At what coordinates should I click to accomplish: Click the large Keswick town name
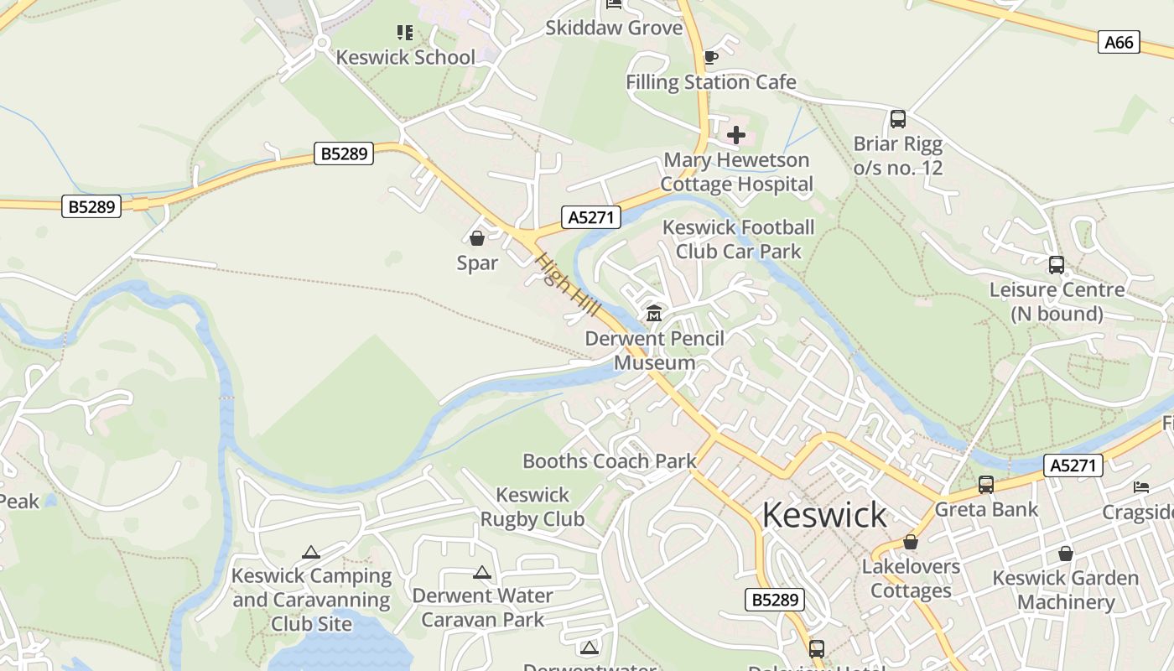coord(824,514)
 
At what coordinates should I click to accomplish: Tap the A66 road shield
coord(1119,42)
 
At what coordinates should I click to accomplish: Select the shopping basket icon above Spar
coord(477,239)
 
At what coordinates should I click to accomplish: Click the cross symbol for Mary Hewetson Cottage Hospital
coord(736,134)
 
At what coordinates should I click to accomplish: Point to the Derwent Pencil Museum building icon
coord(654,314)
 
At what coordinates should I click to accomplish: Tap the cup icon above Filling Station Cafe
coord(710,57)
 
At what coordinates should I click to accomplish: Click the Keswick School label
coord(405,57)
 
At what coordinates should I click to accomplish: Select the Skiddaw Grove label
coord(614,28)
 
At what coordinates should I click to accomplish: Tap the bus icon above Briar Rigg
coord(898,119)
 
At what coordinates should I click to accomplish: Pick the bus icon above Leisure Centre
coord(1057,265)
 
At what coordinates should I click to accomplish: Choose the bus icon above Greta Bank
coord(986,485)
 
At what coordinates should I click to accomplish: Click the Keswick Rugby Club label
coord(532,507)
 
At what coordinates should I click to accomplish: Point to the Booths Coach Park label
coord(610,460)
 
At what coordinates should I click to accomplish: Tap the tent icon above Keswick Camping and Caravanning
coord(311,552)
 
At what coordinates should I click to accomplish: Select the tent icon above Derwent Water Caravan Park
coord(481,572)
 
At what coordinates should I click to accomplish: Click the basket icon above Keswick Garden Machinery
coord(1066,554)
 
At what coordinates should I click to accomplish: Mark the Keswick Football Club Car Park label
coord(738,239)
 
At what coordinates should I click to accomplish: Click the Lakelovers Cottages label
coord(911,578)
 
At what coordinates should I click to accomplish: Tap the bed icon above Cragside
coord(1140,486)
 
